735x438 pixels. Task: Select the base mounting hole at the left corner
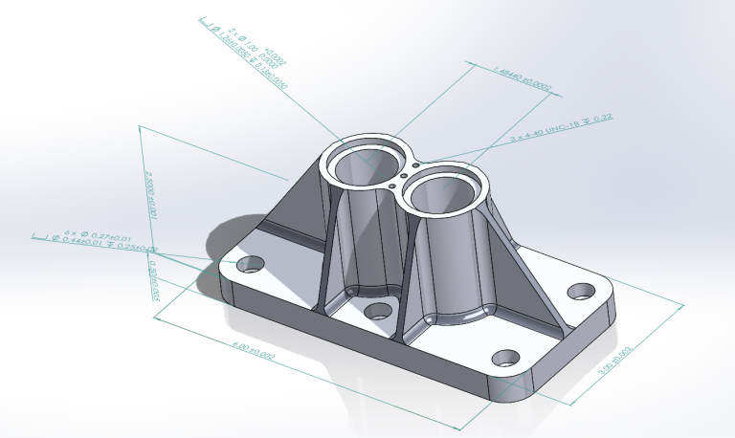[x=252, y=263]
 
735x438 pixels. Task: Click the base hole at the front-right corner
[x=505, y=360]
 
